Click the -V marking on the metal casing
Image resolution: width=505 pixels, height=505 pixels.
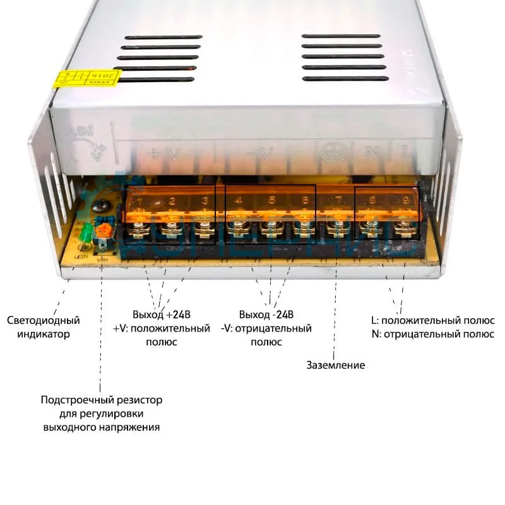258,152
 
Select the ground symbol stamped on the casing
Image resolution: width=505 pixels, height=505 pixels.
330,151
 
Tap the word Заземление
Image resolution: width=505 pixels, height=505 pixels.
335,365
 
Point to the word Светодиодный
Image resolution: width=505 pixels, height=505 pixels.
44,321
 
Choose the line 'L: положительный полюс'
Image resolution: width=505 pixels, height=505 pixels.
432,320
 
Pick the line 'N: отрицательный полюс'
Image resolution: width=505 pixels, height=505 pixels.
432,334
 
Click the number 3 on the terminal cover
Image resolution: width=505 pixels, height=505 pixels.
204,201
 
